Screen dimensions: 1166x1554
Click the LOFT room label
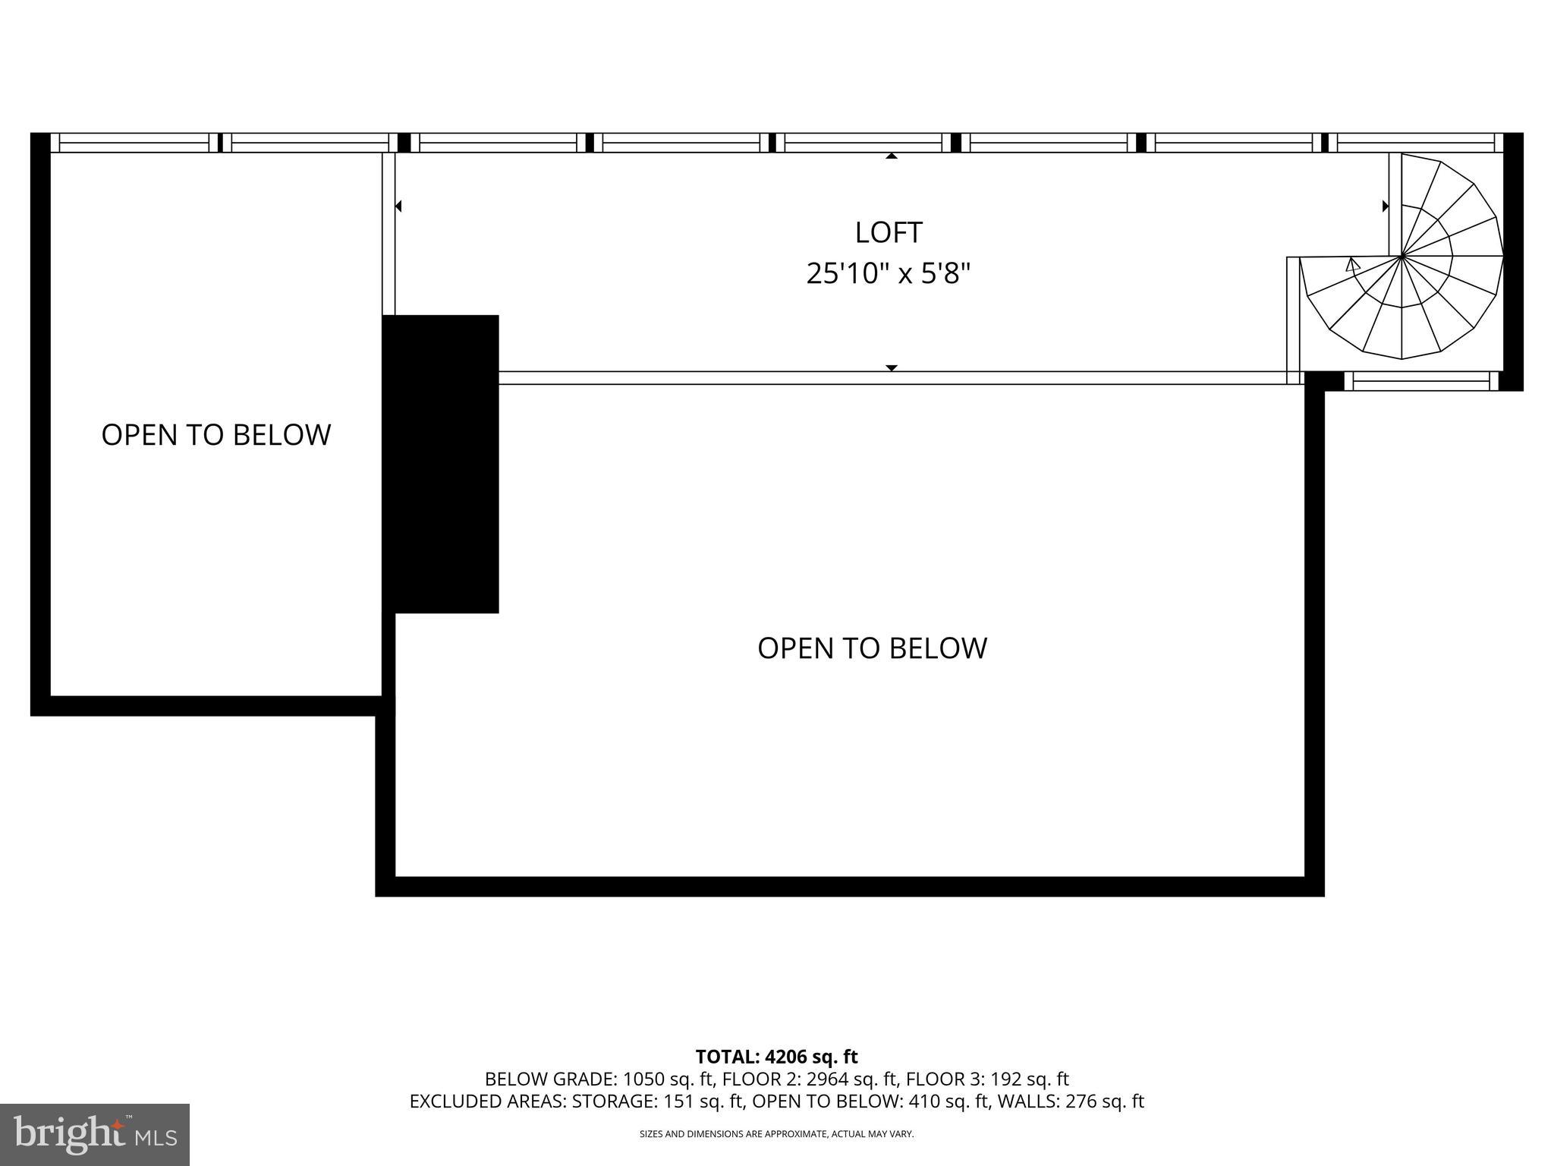pyautogui.click(x=889, y=232)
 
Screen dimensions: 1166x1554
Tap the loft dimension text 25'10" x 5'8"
pyautogui.click(x=889, y=273)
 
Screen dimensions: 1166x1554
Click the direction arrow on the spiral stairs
pyautogui.click(x=1352, y=265)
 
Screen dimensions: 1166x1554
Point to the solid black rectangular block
pyautogui.click(x=441, y=463)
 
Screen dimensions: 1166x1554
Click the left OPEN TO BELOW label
pyautogui.click(x=216, y=435)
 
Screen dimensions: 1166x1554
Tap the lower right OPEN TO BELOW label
pyautogui.click(x=872, y=648)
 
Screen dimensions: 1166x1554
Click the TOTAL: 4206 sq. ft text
pyautogui.click(x=776, y=1057)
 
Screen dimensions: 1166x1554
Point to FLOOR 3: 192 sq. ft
pyautogui.click(x=987, y=1079)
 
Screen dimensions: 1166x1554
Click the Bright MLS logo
pyautogui.click(x=95, y=1134)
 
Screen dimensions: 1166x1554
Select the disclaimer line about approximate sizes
pyautogui.click(x=776, y=1134)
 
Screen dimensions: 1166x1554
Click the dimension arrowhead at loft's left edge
pyautogui.click(x=398, y=206)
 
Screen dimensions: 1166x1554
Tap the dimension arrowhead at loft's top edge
pyautogui.click(x=892, y=156)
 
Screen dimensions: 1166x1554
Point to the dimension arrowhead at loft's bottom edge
pyautogui.click(x=892, y=368)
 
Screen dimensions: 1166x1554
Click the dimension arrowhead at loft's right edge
pyautogui.click(x=1386, y=206)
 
